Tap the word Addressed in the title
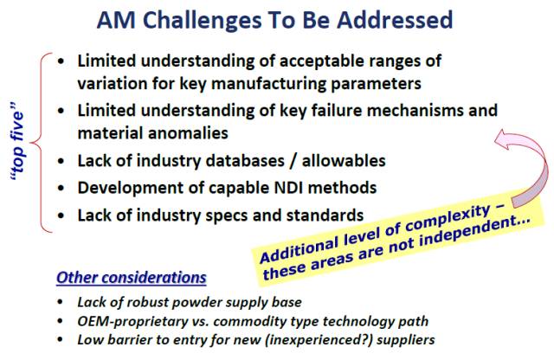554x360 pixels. [x=395, y=20]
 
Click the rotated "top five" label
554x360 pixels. [x=17, y=142]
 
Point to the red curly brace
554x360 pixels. [x=42, y=143]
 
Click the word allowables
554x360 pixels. [x=344, y=161]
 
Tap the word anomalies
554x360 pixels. [x=188, y=133]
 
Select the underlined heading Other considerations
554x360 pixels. [x=132, y=278]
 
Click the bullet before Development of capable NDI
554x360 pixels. [x=61, y=188]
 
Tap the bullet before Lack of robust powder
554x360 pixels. [x=60, y=302]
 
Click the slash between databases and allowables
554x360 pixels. [x=293, y=161]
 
